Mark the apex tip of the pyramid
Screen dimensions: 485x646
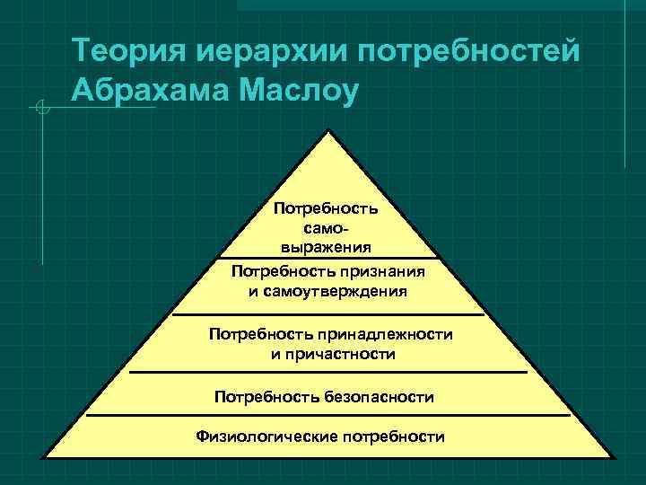[x=329, y=131]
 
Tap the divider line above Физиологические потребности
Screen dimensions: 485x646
[x=327, y=416]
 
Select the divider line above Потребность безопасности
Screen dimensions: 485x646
[x=327, y=371]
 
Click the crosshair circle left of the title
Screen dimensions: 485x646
[x=39, y=109]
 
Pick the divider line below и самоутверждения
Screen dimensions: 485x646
[x=327, y=315]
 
